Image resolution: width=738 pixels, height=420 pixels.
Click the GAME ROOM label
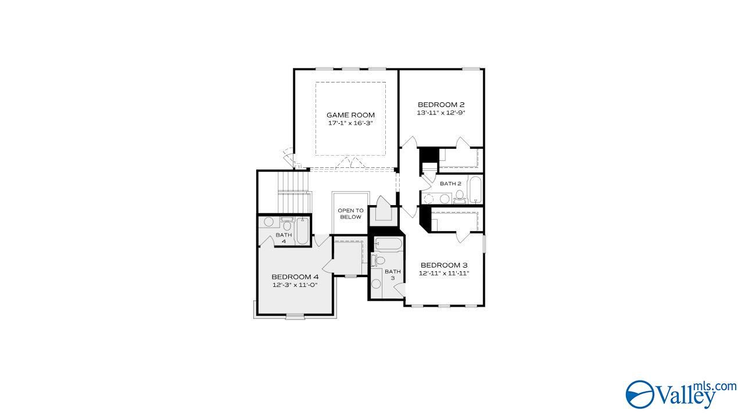pyautogui.click(x=350, y=115)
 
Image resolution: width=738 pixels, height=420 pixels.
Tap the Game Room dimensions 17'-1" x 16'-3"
pyautogui.click(x=350, y=123)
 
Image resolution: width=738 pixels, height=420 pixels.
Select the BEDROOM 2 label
pyautogui.click(x=442, y=105)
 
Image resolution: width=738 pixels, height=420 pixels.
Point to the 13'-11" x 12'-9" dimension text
pyautogui.click(x=442, y=113)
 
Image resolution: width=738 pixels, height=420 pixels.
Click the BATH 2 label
pyautogui.click(x=450, y=184)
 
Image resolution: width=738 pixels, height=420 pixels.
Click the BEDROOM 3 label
pyautogui.click(x=444, y=265)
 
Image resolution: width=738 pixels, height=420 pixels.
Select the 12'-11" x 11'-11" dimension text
pyautogui.click(x=444, y=273)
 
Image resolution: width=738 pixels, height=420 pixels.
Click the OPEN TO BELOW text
pyautogui.click(x=350, y=213)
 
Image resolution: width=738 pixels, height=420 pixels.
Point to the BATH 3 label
pyautogui.click(x=393, y=274)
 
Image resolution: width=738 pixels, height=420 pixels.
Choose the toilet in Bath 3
pyautogui.click(x=379, y=260)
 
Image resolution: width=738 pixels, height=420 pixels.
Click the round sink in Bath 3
pyautogui.click(x=376, y=284)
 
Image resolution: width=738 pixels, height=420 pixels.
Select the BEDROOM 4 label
pyautogui.click(x=295, y=277)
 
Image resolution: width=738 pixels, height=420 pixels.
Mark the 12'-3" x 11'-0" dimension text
pyautogui.click(x=295, y=285)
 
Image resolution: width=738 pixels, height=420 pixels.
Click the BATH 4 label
pyautogui.click(x=284, y=238)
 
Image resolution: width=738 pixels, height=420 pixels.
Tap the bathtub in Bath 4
pyautogui.click(x=302, y=231)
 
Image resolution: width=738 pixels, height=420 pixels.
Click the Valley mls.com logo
pyautogui.click(x=680, y=393)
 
